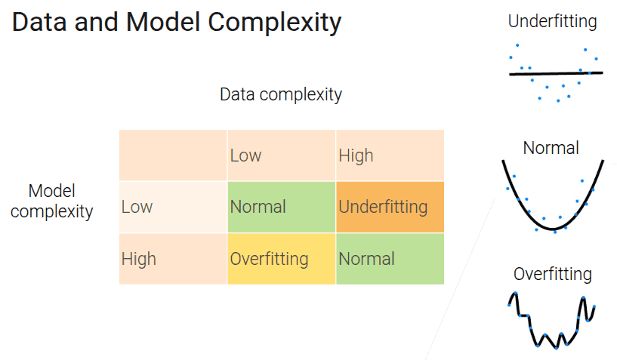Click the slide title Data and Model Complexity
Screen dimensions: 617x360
point(177,23)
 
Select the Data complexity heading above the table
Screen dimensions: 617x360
point(281,95)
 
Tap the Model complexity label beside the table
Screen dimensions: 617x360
point(52,202)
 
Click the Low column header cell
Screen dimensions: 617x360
point(282,155)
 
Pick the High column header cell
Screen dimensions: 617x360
point(390,155)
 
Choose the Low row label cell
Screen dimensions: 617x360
point(173,207)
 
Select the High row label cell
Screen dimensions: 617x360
point(173,259)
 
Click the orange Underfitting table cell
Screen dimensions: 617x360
point(390,207)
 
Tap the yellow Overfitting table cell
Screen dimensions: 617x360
point(282,259)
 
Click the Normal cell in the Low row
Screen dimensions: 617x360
point(282,207)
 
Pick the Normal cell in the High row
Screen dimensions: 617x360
point(390,259)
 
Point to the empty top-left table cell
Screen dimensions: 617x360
point(173,155)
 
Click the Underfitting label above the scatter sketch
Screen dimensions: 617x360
point(553,22)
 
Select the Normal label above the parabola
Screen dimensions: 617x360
point(551,149)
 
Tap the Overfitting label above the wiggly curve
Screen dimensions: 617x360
point(553,274)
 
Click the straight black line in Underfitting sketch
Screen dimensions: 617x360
point(556,73)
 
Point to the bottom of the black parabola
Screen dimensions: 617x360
point(554,229)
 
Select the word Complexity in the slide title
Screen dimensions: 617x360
point(275,23)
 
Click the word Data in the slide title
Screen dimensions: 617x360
point(39,22)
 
